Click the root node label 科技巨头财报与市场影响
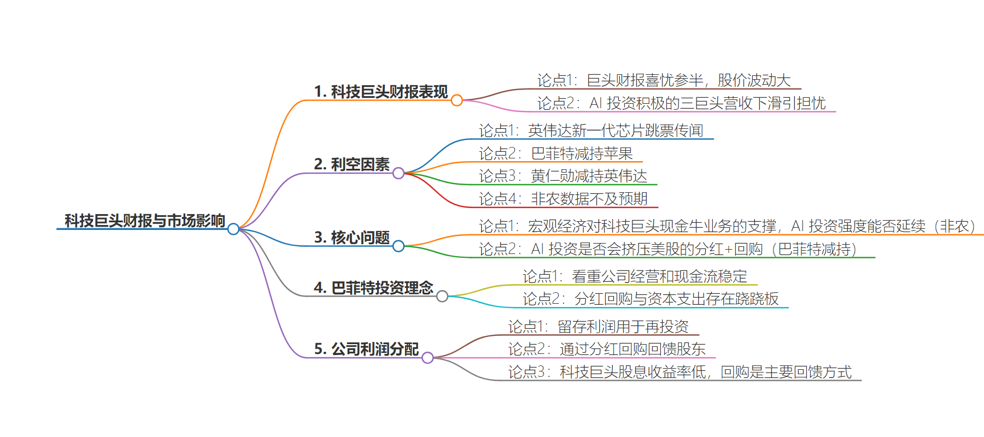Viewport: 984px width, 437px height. [145, 221]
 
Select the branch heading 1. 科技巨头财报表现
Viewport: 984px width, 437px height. [381, 92]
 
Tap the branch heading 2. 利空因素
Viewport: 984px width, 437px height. [352, 164]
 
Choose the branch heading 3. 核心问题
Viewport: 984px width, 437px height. [352, 238]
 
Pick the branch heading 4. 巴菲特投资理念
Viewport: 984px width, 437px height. [374, 288]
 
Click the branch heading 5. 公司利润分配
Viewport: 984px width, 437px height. [367, 349]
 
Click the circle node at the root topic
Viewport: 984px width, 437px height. [233, 229]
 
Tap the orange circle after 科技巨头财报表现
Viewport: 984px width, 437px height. [457, 101]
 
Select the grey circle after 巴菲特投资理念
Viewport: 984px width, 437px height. [442, 296]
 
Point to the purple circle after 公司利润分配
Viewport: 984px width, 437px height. [427, 358]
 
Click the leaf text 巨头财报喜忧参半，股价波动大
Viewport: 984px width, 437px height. [689, 80]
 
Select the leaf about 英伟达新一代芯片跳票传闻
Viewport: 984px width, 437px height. [616, 131]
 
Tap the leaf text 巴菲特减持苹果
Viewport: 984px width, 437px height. [582, 153]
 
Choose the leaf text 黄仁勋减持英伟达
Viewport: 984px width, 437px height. [589, 176]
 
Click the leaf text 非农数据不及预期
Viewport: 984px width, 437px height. [589, 199]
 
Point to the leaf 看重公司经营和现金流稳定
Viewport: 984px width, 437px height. [659, 276]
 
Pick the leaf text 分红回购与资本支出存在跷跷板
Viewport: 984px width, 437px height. [677, 299]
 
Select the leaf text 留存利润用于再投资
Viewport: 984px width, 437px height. [623, 327]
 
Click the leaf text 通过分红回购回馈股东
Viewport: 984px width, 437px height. [633, 349]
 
